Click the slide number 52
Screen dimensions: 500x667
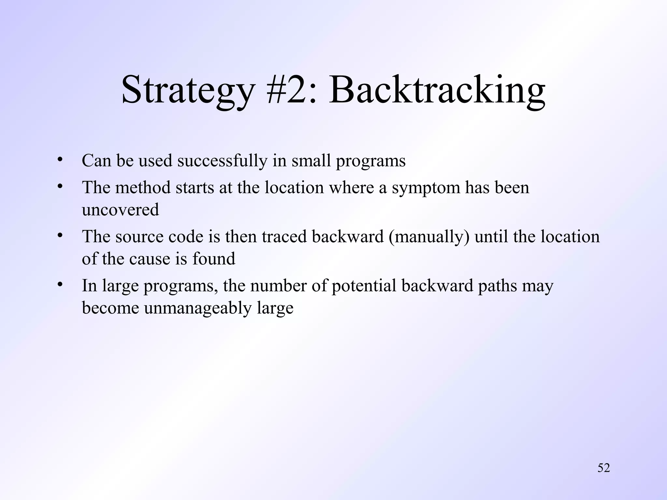pyautogui.click(x=603, y=468)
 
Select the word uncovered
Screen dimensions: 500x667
pyautogui.click(x=121, y=210)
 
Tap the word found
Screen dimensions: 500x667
pyautogui.click(x=214, y=259)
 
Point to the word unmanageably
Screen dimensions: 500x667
pyautogui.click(x=198, y=308)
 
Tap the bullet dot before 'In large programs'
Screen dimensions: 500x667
pyautogui.click(x=59, y=285)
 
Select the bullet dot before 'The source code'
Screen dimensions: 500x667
pyautogui.click(x=59, y=235)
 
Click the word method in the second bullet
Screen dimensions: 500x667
pyautogui.click(x=143, y=188)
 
